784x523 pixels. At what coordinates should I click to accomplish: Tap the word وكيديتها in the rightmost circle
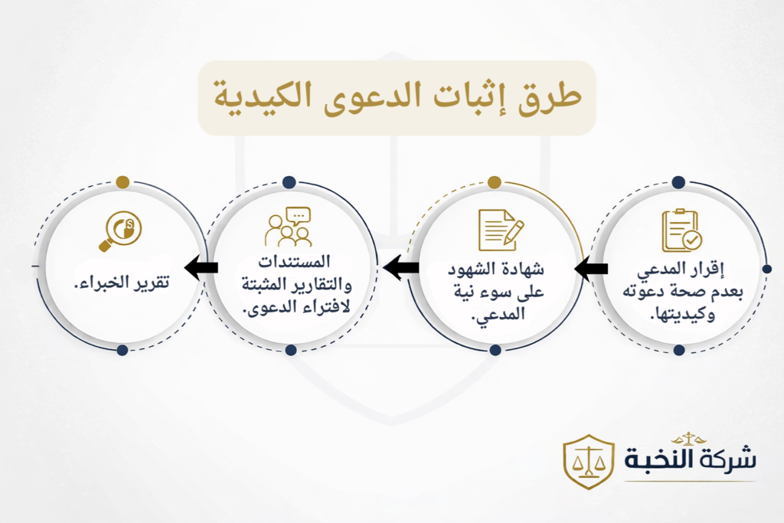[684, 315]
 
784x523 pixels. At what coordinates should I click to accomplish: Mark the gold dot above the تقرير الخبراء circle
[122, 182]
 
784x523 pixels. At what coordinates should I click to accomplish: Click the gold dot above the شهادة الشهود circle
[495, 182]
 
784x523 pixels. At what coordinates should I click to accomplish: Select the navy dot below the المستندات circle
[290, 350]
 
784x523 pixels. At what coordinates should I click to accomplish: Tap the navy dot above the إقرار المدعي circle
[678, 182]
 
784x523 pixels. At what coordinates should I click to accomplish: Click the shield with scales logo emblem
[589, 461]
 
